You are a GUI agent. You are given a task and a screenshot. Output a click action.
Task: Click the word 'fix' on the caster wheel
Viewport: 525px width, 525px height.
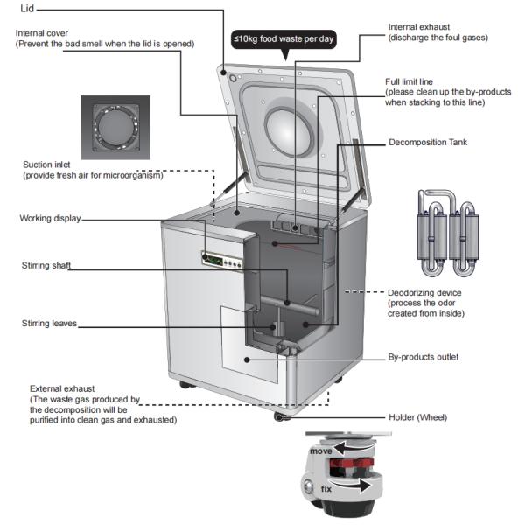point(325,487)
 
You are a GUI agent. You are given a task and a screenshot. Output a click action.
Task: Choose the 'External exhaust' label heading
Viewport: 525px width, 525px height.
point(62,388)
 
